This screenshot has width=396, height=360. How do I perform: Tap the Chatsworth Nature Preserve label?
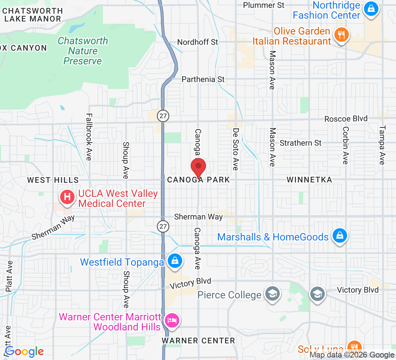[x=83, y=51]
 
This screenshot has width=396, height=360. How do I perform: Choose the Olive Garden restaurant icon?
[x=340, y=35]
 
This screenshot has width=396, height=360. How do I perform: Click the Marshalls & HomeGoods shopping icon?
[x=339, y=236]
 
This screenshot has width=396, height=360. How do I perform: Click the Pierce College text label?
[x=230, y=295]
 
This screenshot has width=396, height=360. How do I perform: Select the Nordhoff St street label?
[x=198, y=42]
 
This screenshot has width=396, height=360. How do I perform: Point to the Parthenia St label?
[x=203, y=79]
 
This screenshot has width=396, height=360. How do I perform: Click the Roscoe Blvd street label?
[x=346, y=119]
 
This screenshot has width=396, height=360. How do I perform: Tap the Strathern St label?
[x=301, y=143]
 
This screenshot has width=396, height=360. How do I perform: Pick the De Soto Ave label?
[x=236, y=149]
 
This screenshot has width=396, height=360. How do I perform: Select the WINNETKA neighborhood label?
[x=309, y=180]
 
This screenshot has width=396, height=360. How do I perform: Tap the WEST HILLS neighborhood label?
[x=53, y=180]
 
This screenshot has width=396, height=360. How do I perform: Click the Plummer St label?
[x=264, y=5]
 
